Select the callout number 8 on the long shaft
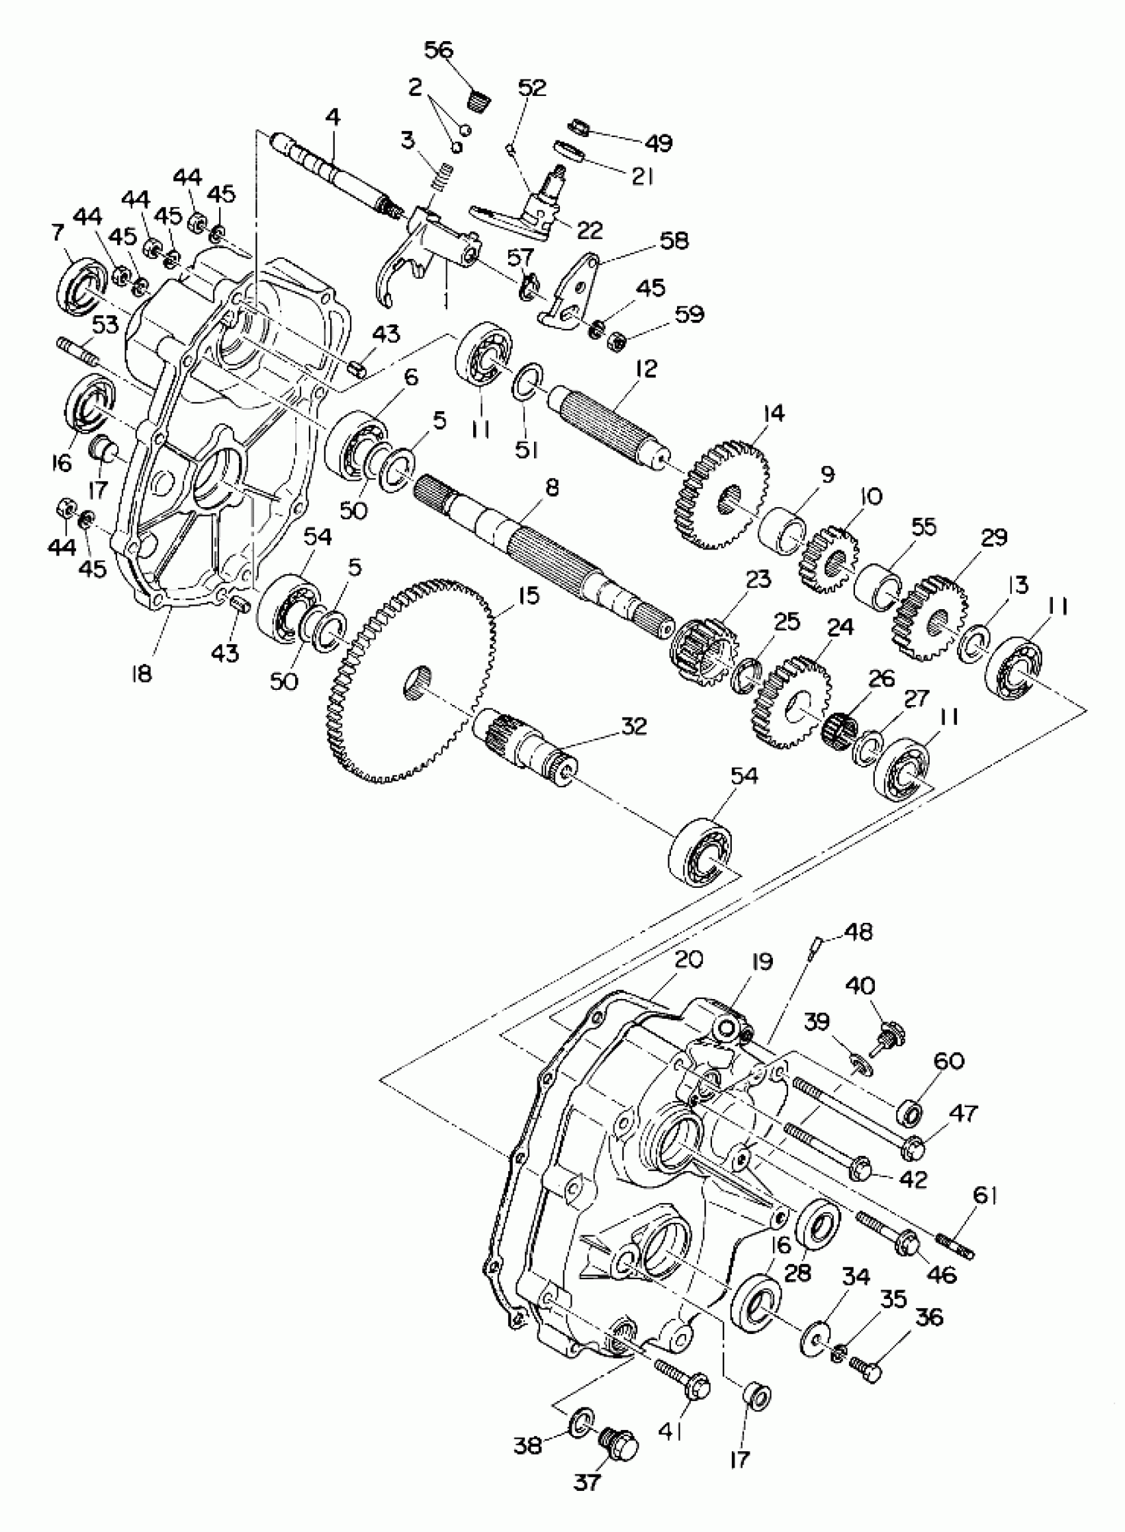(x=553, y=488)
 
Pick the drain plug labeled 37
(x=617, y=1442)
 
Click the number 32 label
(x=634, y=727)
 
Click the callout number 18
(x=142, y=674)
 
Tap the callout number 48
(x=860, y=932)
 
